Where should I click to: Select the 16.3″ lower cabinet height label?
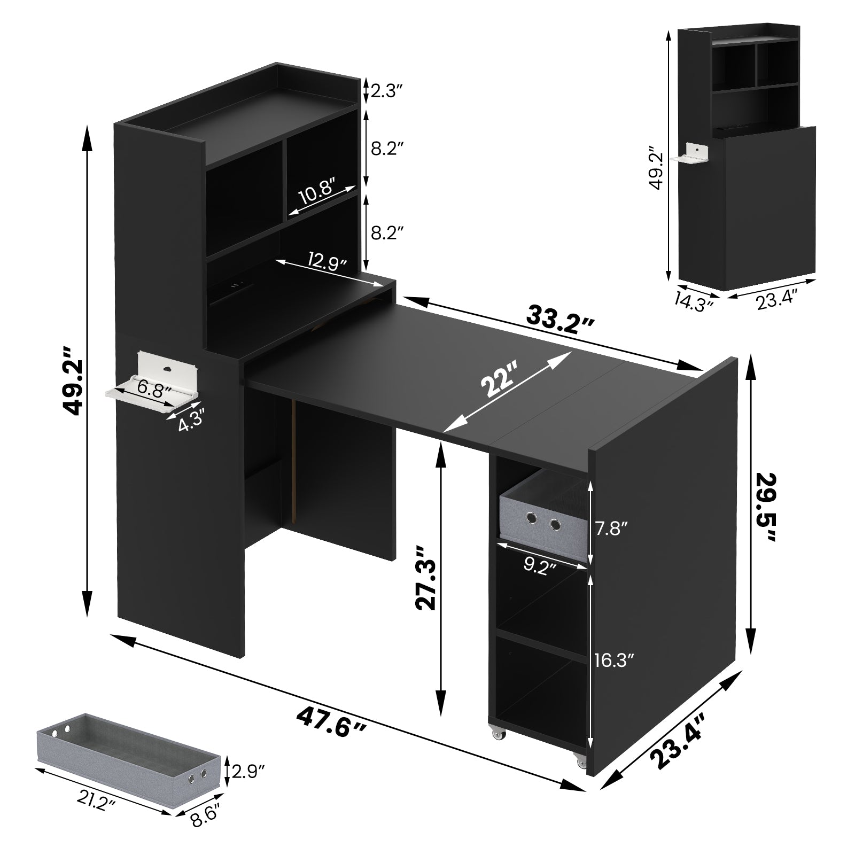point(614,661)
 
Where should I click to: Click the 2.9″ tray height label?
point(247,771)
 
